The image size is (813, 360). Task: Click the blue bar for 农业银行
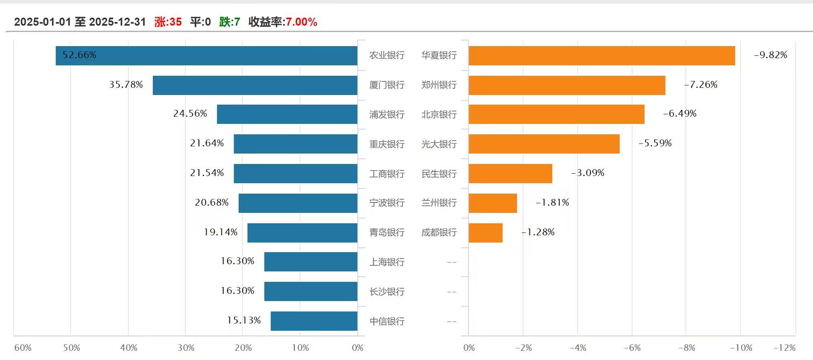(207, 55)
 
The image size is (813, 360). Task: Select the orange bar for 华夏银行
(602, 55)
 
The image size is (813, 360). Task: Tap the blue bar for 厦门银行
(255, 85)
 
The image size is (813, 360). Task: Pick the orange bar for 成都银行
(485, 233)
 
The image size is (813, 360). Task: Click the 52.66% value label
(79, 55)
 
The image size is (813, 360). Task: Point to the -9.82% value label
(770, 55)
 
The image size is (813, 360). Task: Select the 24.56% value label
(190, 113)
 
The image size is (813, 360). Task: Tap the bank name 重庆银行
(387, 144)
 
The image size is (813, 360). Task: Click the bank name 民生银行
(439, 174)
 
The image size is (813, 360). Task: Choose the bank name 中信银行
(387, 321)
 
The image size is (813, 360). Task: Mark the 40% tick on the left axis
(129, 348)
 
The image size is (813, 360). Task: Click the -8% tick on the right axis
(687, 348)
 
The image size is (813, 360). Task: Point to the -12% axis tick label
(785, 348)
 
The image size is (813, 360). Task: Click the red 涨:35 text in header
(168, 22)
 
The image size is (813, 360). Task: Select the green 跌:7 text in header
(229, 22)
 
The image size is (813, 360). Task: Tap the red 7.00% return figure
(301, 22)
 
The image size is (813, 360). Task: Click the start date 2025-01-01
(43, 22)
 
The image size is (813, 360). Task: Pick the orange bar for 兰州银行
(493, 203)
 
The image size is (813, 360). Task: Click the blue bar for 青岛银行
(302, 233)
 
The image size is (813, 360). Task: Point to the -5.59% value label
(655, 143)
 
